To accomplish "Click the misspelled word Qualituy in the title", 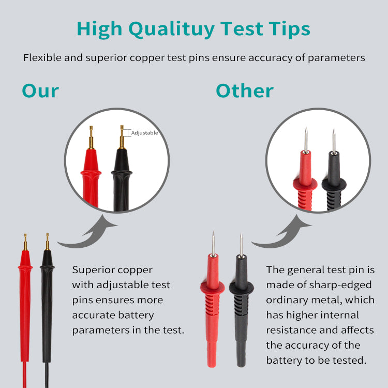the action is [171, 29].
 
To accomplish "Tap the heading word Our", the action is [40, 91].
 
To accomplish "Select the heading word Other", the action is [245, 91].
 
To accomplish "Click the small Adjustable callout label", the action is [144, 133].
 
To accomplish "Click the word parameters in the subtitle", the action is [336, 58].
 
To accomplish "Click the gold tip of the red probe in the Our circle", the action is [91, 137].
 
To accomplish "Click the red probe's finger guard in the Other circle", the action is [305, 184].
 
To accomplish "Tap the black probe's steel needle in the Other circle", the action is [334, 141].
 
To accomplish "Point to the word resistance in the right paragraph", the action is [291, 330].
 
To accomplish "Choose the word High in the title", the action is [99, 29].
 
